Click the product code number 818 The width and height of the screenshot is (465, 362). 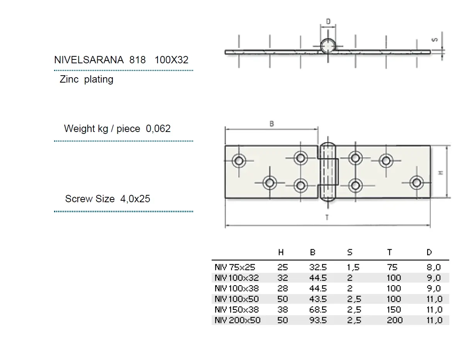click(137, 60)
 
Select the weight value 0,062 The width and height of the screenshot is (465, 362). click(158, 129)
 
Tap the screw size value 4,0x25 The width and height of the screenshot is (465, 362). click(135, 199)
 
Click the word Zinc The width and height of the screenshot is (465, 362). click(69, 80)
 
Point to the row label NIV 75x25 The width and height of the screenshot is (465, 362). click(235, 267)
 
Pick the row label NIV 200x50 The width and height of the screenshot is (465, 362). click(237, 320)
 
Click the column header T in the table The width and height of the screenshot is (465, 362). click(389, 252)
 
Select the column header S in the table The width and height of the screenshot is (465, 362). click(350, 252)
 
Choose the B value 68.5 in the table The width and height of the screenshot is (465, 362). click(318, 310)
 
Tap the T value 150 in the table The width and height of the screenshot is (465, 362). click(394, 310)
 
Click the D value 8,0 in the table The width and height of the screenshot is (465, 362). click(434, 267)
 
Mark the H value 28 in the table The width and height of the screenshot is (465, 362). click(282, 288)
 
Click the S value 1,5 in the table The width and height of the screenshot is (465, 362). click(353, 267)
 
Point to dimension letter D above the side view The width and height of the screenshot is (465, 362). click(328, 21)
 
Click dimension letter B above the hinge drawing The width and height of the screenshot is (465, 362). click(272, 124)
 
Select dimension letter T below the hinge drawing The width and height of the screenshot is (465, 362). click(327, 217)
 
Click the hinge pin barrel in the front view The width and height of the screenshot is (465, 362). click(328, 172)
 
